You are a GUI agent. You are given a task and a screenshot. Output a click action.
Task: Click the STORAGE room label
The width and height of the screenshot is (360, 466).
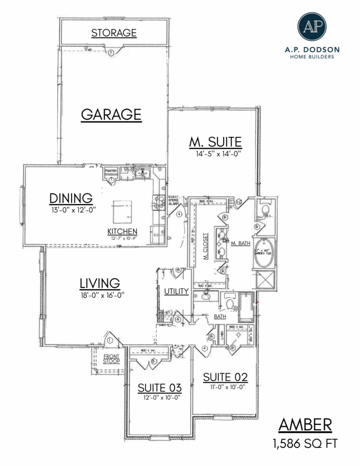(x=114, y=33)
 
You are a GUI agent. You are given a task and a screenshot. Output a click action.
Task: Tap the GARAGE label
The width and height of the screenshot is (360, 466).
(x=111, y=114)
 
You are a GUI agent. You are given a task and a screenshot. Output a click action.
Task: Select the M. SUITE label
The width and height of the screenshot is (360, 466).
(x=215, y=141)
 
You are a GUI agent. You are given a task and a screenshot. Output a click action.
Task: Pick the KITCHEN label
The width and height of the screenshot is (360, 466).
(x=122, y=231)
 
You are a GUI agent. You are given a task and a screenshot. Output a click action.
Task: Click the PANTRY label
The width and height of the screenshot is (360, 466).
(x=111, y=171)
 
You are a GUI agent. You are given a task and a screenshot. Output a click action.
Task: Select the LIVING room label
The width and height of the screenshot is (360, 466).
(x=99, y=283)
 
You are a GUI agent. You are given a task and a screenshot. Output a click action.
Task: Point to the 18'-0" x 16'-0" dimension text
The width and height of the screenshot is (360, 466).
(x=102, y=295)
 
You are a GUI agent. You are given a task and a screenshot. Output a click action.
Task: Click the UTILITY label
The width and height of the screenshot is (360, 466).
(x=176, y=292)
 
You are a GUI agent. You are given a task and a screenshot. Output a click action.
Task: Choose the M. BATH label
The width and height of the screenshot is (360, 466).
(x=240, y=243)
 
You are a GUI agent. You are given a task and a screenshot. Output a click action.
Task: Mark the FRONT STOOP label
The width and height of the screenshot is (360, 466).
(x=111, y=359)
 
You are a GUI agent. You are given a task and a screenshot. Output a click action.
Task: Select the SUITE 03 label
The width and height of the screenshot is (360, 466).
(x=159, y=388)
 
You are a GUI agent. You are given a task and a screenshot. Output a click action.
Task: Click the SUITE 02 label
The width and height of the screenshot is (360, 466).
(x=225, y=377)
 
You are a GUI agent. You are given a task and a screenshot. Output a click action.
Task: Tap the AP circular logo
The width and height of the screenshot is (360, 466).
(x=311, y=27)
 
